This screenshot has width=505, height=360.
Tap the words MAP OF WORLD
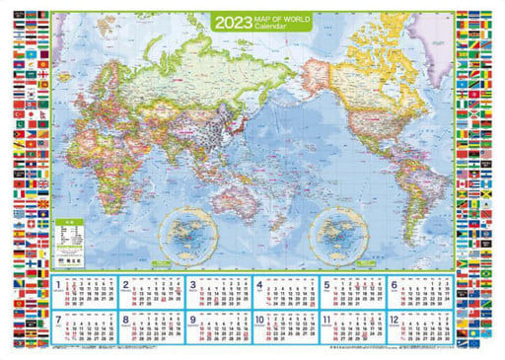click(x=279, y=17)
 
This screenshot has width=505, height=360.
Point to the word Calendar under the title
click(x=272, y=26)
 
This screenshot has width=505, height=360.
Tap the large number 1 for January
click(x=61, y=287)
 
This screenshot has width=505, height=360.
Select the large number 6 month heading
click(x=394, y=287)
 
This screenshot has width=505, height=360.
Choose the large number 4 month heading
click(x=260, y=287)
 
